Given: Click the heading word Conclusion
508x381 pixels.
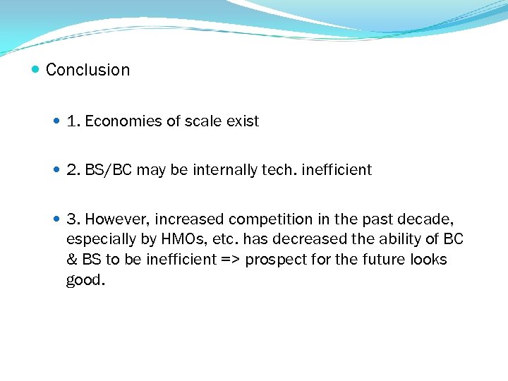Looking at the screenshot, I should click(x=87, y=70).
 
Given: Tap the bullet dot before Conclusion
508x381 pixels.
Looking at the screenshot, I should click(x=36, y=70).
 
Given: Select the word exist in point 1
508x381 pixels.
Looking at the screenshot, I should click(x=243, y=121).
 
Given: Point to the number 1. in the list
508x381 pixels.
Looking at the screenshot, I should click(x=73, y=121).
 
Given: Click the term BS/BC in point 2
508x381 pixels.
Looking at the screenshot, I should click(x=108, y=170).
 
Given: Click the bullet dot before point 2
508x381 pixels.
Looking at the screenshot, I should click(x=57, y=170).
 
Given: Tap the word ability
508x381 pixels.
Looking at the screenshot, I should click(x=405, y=239).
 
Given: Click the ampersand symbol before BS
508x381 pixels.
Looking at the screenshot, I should click(x=71, y=260).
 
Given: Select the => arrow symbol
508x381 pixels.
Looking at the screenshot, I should click(x=230, y=260).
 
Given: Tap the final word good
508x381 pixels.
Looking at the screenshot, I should click(x=85, y=280).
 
